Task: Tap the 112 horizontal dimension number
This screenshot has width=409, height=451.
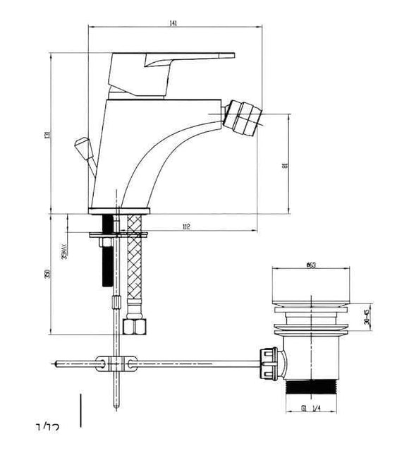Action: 186,227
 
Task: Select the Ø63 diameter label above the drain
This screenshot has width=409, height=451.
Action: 310,265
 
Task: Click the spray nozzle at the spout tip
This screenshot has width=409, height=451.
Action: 243,116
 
